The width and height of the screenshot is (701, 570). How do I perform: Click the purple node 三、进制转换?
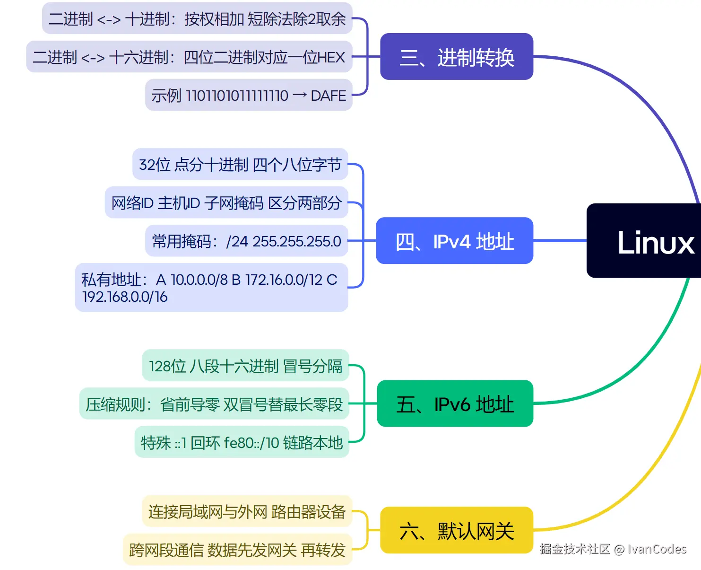click(457, 57)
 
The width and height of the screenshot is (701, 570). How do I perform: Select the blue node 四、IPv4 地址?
click(454, 241)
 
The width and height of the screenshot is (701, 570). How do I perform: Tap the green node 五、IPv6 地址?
click(455, 403)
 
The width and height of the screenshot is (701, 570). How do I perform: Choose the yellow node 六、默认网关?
click(457, 530)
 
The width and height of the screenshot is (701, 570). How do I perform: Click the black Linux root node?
click(655, 242)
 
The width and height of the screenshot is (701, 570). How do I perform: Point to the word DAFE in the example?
click(329, 96)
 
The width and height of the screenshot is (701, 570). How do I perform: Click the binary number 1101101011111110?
click(237, 96)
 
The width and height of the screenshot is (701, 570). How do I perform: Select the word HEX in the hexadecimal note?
click(331, 58)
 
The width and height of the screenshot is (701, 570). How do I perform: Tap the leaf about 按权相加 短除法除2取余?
click(265, 19)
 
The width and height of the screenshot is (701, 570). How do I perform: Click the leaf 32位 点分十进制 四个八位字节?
click(240, 165)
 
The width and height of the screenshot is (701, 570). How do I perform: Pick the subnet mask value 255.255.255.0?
click(297, 241)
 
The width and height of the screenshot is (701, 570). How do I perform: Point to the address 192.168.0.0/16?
click(125, 297)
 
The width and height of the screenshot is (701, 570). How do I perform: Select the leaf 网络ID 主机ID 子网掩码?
click(226, 203)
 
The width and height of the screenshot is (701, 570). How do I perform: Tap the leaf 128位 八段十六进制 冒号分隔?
click(245, 366)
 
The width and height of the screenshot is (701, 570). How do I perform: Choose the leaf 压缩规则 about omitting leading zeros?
click(214, 404)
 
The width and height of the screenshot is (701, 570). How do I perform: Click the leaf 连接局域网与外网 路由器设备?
click(247, 512)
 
